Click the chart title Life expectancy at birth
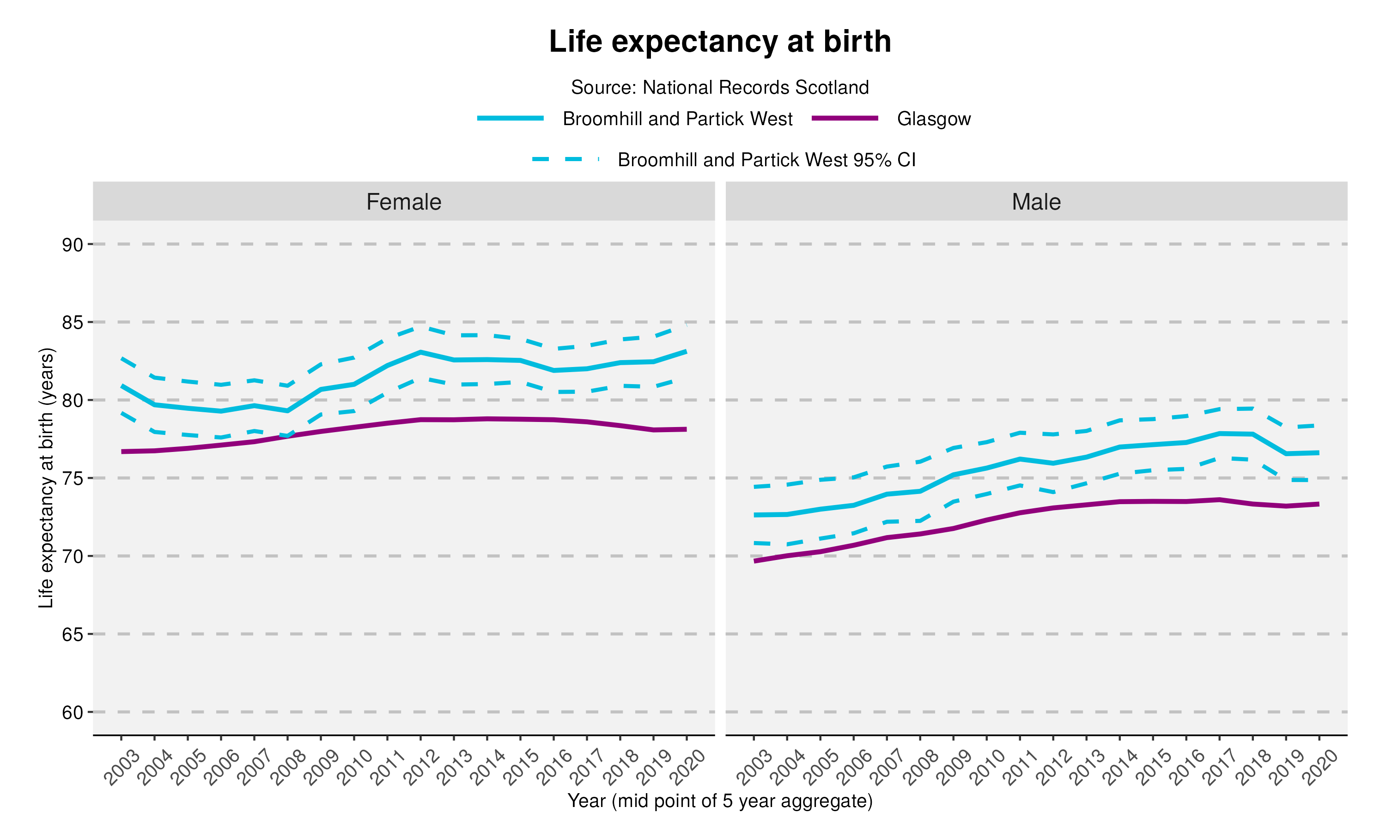[719, 42]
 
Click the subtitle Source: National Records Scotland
[719, 87]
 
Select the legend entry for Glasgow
[933, 119]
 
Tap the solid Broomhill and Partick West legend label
[677, 119]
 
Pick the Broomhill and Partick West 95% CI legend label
[766, 160]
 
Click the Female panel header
[403, 202]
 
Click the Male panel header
[1036, 202]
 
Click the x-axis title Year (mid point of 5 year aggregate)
[719, 801]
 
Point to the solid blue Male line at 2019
[1286, 453]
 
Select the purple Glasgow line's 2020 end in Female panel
[686, 429]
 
